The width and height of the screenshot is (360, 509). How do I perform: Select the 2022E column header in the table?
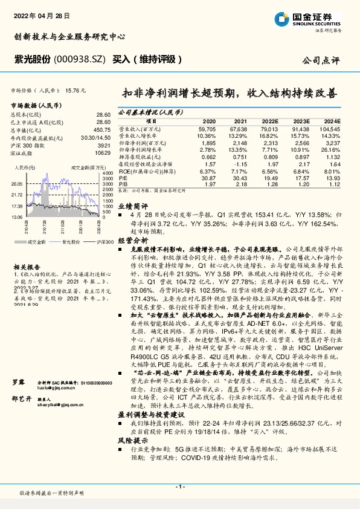point(269,121)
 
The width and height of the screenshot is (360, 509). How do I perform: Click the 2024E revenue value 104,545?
point(330,129)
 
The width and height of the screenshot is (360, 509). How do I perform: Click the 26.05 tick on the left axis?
point(16,183)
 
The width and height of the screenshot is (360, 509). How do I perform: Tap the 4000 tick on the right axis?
point(106,173)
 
